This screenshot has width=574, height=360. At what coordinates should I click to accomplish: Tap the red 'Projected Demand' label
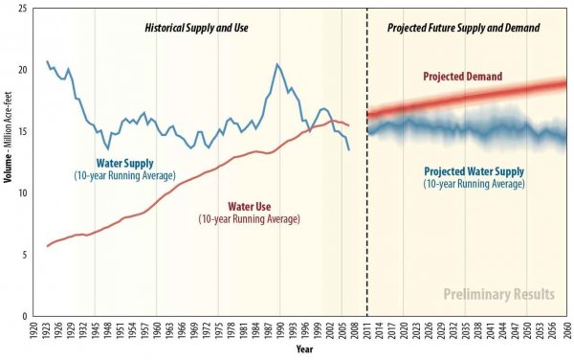464,77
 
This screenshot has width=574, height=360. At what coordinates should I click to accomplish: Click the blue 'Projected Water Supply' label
474,171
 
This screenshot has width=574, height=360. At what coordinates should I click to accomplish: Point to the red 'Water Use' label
250,206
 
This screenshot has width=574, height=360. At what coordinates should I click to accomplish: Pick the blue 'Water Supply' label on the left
124,163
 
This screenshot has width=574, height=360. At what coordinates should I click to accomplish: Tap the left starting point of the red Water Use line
47,246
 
